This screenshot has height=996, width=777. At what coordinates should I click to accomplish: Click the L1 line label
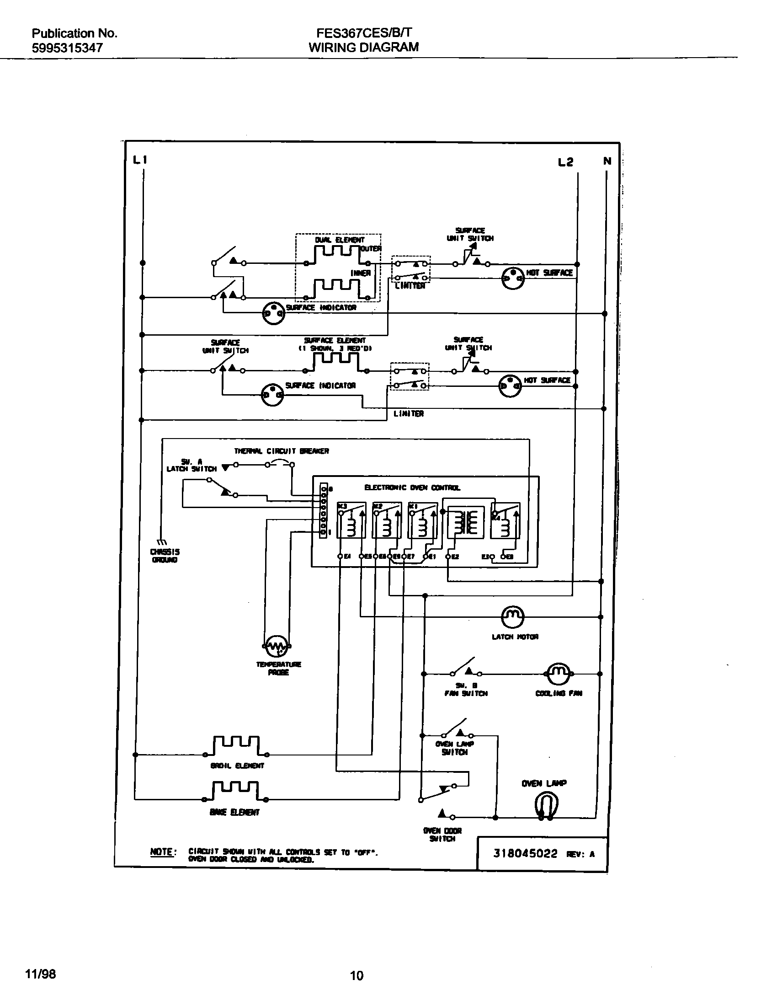pos(140,160)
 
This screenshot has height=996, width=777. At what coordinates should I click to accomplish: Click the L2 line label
pos(565,162)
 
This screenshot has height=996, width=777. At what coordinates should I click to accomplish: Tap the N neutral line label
pos(607,161)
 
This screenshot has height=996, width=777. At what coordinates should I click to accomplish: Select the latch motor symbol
pos(513,617)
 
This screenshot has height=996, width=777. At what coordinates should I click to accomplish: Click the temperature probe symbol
pos(277,646)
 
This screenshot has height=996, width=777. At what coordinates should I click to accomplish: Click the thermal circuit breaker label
pos(282,451)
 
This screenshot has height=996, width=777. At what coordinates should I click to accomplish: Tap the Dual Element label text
pos(340,240)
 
